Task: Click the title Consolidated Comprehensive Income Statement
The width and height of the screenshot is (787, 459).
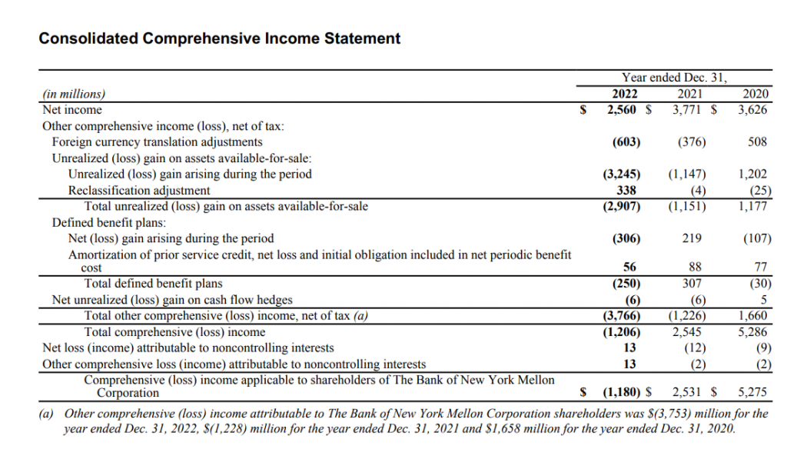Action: (219, 38)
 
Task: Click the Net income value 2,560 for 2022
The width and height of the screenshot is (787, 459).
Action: (623, 110)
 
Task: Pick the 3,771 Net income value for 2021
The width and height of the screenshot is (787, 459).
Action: (689, 110)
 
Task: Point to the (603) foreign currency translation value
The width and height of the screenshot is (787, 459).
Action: (626, 142)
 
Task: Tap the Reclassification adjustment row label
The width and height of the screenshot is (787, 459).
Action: (139, 190)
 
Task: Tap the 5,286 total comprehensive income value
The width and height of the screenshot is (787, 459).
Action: (753, 332)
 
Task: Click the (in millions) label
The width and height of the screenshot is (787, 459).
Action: (74, 95)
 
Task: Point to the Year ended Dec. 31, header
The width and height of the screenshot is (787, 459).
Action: (674, 78)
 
